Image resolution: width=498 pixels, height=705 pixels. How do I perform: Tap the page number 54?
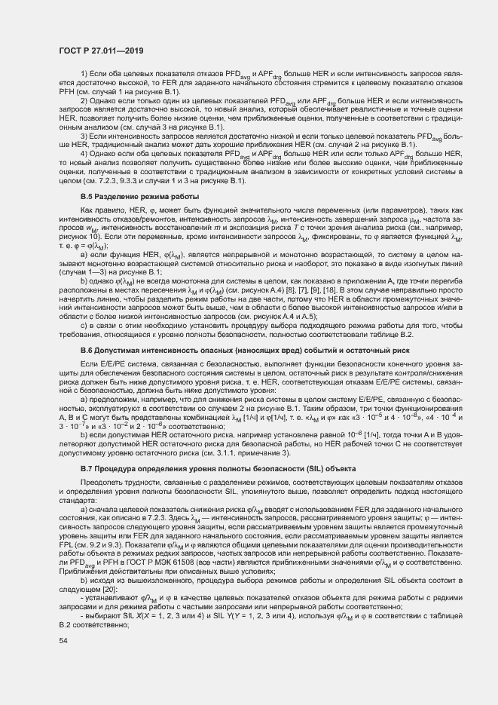coord(63,640)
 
